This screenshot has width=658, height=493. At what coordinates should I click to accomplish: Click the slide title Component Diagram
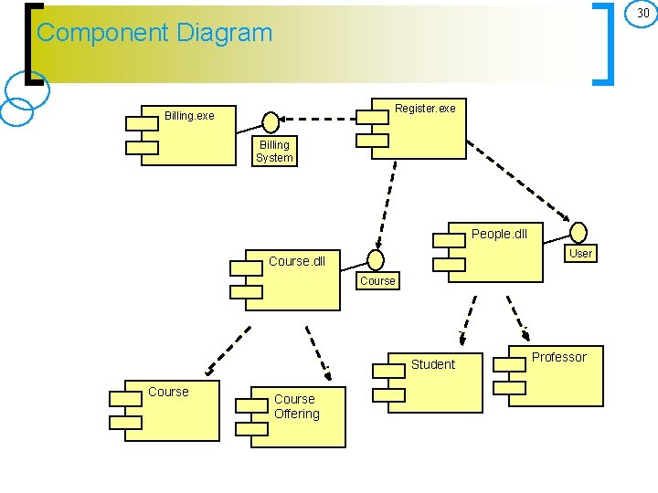[154, 33]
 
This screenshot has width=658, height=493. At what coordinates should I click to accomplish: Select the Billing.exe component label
[189, 116]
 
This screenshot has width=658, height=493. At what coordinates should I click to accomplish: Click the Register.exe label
[425, 109]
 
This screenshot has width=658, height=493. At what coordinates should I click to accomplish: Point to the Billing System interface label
[274, 152]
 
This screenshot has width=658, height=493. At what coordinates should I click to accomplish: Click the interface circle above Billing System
[271, 121]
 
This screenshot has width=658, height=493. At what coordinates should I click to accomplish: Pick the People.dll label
[499, 234]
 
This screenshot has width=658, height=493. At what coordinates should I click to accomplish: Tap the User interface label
[580, 253]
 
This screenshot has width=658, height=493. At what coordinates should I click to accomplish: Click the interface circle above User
[579, 233]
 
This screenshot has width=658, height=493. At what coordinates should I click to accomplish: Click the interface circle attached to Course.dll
[375, 260]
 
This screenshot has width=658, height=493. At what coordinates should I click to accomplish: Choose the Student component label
[432, 364]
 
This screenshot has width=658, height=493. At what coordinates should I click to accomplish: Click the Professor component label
[558, 357]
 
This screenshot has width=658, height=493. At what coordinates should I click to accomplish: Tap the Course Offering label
[296, 406]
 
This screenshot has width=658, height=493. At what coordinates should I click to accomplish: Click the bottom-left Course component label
[168, 392]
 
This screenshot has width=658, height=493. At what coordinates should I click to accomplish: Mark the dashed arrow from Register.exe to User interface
[521, 183]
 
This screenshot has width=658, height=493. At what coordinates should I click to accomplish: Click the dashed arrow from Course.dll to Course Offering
[317, 352]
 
